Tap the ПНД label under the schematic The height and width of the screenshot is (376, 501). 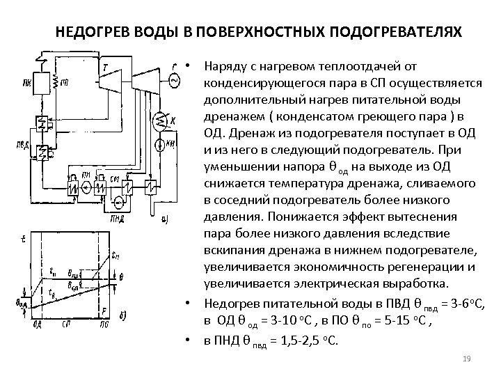tap(116, 217)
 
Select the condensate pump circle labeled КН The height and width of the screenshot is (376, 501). tap(161, 144)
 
